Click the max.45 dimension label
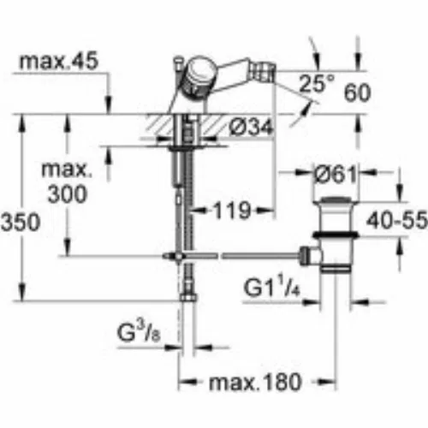58,61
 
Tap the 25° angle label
317,83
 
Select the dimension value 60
357,92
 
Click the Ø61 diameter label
336,175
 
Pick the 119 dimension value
232,211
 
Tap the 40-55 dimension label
397,220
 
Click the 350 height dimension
21,222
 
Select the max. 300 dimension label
68,182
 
